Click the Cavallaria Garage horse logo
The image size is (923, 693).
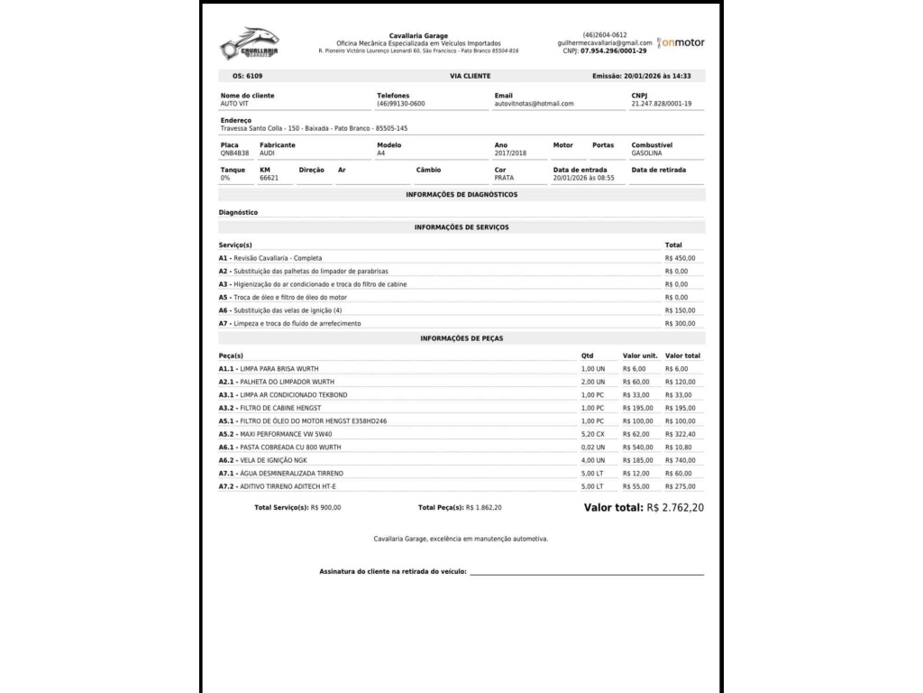[x=249, y=43]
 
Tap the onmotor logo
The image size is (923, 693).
[x=681, y=42]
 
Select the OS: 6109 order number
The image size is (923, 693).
[x=248, y=77]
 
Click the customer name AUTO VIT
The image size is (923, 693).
[x=233, y=104]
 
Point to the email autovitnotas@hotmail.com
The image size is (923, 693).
[x=534, y=104]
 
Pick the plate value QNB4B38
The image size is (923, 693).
[x=234, y=153]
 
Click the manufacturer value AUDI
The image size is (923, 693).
[x=267, y=153]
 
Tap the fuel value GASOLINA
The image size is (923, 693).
[x=646, y=153]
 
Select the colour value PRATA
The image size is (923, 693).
[x=504, y=178]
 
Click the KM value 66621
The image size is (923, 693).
[x=269, y=178]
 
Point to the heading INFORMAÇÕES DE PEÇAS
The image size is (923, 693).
[x=461, y=338]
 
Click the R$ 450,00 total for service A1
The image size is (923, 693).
[x=680, y=258]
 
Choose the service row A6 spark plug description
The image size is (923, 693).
[x=280, y=310]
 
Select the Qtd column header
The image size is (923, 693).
[x=588, y=356]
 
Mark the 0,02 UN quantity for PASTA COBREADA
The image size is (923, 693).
[x=593, y=448]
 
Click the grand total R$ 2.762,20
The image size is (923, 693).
[x=675, y=508]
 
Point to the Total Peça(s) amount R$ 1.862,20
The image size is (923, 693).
[x=483, y=508]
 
